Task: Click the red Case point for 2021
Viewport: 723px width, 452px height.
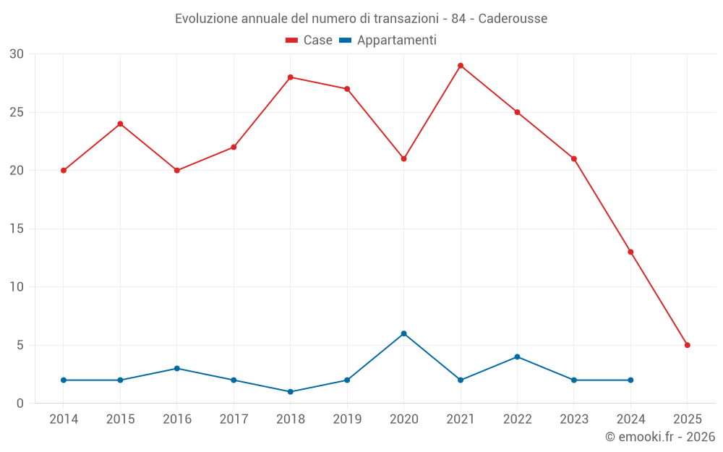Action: pyautogui.click(x=461, y=66)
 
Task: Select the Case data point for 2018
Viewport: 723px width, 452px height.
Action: pyautogui.click(x=291, y=77)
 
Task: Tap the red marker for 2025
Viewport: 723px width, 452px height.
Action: pyautogui.click(x=688, y=345)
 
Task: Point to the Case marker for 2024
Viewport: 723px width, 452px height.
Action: pyautogui.click(x=630, y=252)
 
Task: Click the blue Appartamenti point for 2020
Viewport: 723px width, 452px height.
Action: pyautogui.click(x=404, y=333)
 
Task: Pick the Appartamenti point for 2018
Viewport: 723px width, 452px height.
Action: pyautogui.click(x=291, y=392)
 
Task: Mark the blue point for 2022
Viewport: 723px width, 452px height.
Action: pyautogui.click(x=517, y=357)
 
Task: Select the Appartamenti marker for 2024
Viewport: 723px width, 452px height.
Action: pyautogui.click(x=630, y=380)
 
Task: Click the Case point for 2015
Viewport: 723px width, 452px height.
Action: pyautogui.click(x=120, y=124)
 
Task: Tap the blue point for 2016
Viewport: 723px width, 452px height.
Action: pyautogui.click(x=177, y=368)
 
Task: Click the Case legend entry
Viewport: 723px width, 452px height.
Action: pyautogui.click(x=309, y=40)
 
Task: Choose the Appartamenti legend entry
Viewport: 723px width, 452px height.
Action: pyautogui.click(x=388, y=40)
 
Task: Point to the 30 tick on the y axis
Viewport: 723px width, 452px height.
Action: pyautogui.click(x=17, y=54)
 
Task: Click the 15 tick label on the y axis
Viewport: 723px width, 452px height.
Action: pyautogui.click(x=17, y=229)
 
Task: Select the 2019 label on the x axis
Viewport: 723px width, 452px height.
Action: pyautogui.click(x=347, y=419)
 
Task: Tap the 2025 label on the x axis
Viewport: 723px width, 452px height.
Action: pyautogui.click(x=688, y=419)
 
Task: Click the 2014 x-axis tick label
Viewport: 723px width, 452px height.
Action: pyautogui.click(x=64, y=419)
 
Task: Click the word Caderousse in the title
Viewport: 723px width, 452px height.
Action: pyautogui.click(x=513, y=18)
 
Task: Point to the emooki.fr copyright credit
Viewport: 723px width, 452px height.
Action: pyautogui.click(x=659, y=437)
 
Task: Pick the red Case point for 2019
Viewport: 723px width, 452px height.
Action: pyautogui.click(x=347, y=89)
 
